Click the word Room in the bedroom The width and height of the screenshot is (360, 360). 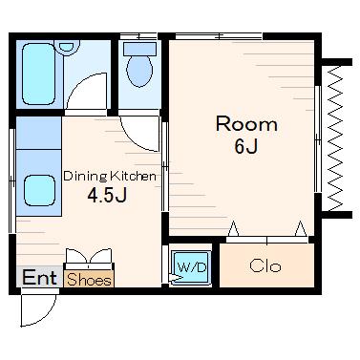tap(246, 124)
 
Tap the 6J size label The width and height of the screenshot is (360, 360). tap(245, 146)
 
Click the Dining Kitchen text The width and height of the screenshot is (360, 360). tap(110, 176)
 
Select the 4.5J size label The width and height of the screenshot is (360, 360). tap(107, 195)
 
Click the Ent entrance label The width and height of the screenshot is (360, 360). tap(39, 278)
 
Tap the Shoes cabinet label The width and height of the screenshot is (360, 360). tap(90, 280)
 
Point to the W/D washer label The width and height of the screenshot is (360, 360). tap(192, 267)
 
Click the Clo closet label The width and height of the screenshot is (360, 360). tap(265, 265)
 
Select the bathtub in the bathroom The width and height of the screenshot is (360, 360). tap(38, 74)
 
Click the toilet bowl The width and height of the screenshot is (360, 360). tap(139, 71)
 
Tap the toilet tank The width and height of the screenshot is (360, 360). tap(139, 49)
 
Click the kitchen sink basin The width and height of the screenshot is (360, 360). tap(40, 190)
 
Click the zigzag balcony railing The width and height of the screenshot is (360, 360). tap(334, 138)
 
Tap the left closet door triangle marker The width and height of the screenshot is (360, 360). tap(234, 228)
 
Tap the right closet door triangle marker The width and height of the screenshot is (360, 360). tap(301, 228)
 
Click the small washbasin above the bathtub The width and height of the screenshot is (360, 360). tap(67, 47)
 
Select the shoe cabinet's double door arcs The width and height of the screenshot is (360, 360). tap(89, 255)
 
